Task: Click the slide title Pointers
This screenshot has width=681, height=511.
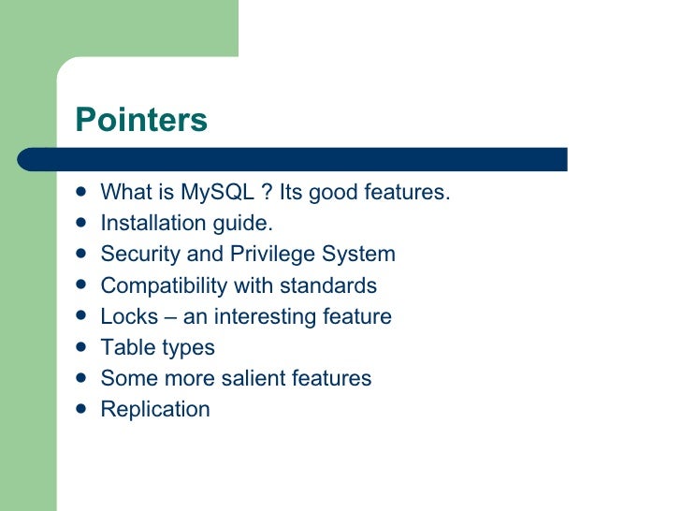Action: click(140, 120)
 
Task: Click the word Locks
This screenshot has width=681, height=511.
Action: click(126, 316)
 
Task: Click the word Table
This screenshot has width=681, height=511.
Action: click(123, 347)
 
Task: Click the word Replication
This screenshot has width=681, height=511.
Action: click(155, 410)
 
